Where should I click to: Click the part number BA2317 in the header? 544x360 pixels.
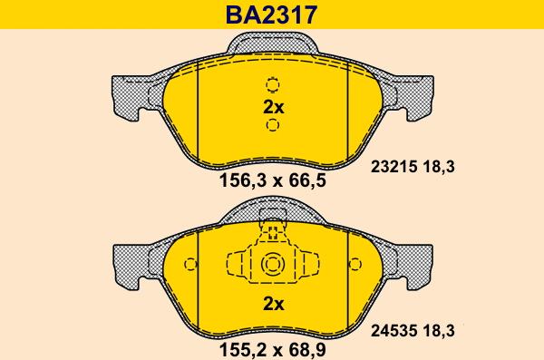[x=271, y=15]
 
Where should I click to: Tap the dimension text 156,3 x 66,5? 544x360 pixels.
[x=273, y=180]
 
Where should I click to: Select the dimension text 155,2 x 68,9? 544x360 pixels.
[x=273, y=350]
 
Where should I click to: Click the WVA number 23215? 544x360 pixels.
[x=393, y=167]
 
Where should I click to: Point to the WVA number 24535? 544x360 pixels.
[x=393, y=330]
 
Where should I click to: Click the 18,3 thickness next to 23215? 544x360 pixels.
[x=439, y=167]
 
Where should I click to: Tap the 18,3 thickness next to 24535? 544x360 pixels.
[x=439, y=330]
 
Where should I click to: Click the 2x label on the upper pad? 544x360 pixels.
[x=274, y=107]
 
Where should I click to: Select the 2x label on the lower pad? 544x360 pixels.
[x=274, y=304]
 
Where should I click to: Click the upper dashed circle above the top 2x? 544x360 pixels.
[x=273, y=84]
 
